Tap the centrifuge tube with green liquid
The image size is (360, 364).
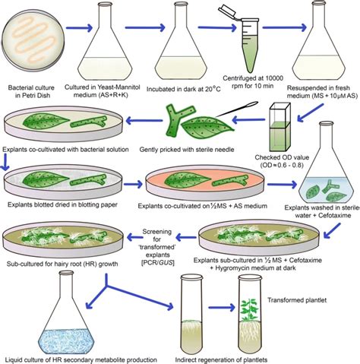pos(248,46)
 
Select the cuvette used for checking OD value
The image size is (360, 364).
pos(279,127)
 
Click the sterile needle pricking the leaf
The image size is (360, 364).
pos(237,109)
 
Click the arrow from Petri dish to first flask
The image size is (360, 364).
pos(79,28)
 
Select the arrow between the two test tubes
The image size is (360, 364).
pos(222,308)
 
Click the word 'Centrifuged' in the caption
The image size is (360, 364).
pos(239,78)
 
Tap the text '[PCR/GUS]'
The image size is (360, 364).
pos(157,262)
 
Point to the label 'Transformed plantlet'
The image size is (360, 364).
pos(297,300)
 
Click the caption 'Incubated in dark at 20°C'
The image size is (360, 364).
pos(184,89)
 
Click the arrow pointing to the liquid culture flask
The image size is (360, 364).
pos(96,291)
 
